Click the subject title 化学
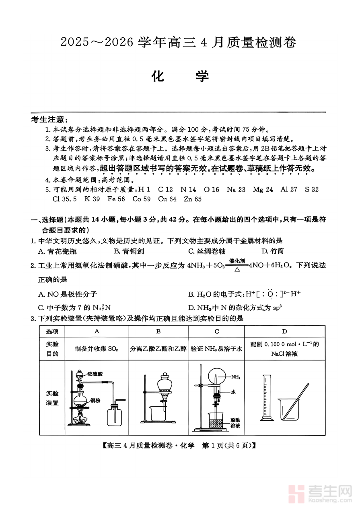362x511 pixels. click(181, 76)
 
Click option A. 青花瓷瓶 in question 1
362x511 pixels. click(57, 251)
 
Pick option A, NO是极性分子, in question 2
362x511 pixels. click(68, 294)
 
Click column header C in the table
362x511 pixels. click(217, 331)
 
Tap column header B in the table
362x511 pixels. click(158, 331)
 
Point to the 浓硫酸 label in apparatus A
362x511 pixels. click(95, 374)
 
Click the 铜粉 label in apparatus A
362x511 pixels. click(95, 400)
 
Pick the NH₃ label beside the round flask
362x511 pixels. click(236, 377)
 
